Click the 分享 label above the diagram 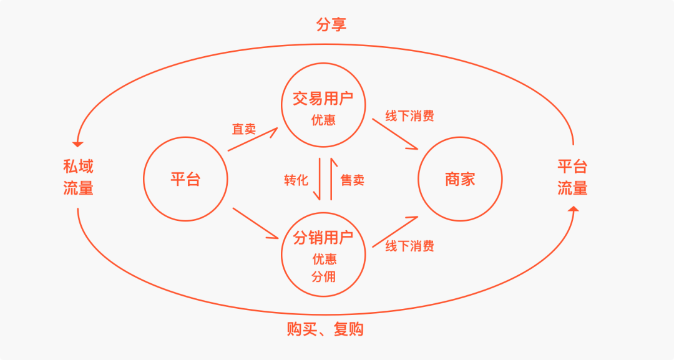pos(331,25)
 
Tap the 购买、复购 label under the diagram pos(325,329)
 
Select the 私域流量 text pos(78,177)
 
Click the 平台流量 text pos(572,177)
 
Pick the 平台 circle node pos(185,180)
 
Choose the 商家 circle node pos(460,180)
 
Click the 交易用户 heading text pos(323,99)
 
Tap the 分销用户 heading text pos(323,237)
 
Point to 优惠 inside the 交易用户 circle pos(323,120)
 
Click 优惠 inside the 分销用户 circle pos(323,259)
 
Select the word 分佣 pos(323,276)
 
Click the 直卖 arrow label pos(244,129)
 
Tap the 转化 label pos(296,180)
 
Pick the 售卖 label pos(352,180)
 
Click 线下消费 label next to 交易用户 pos(409,115)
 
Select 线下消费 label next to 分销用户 pos(409,246)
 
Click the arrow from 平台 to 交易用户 pos(252,139)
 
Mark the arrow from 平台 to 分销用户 pos(255,223)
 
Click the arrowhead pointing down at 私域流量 pos(78,144)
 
